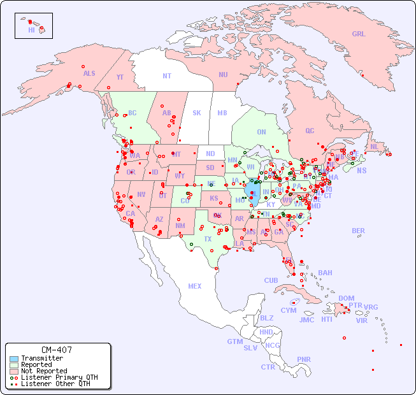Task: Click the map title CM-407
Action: [57, 350]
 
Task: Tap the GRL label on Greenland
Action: [359, 34]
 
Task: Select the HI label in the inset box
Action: [32, 30]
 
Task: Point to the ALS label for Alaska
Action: [89, 73]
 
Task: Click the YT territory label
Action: [120, 77]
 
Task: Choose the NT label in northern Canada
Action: [166, 76]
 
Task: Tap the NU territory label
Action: [223, 75]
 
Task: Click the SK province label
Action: [197, 113]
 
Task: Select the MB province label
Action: [222, 113]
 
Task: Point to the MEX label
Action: [194, 286]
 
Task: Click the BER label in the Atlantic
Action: [358, 231]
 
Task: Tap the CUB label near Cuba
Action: [271, 280]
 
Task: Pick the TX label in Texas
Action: [208, 239]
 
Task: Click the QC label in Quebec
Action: [310, 131]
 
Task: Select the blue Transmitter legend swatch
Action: [14, 359]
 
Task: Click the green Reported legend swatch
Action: [14, 365]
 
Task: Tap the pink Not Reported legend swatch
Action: [14, 371]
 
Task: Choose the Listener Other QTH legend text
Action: [55, 384]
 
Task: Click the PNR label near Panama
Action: [304, 359]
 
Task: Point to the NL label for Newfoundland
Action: [374, 147]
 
